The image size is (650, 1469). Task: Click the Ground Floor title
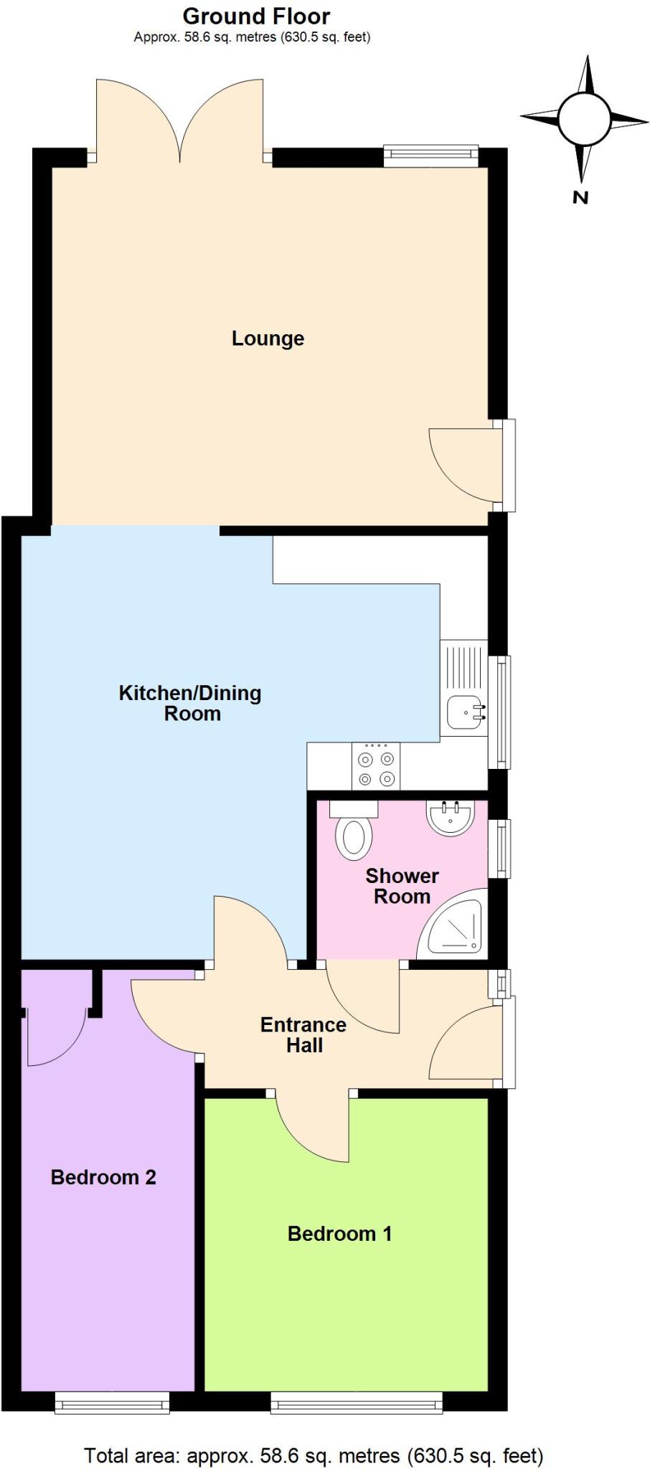[x=256, y=16]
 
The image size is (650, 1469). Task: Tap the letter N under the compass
[x=580, y=198]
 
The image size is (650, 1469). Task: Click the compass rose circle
[x=584, y=119]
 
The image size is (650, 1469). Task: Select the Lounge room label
[x=268, y=339]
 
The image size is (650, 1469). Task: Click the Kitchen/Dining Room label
[x=190, y=703]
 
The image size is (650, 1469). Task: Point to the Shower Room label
[x=402, y=886]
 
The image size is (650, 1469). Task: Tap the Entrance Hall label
[x=303, y=1034]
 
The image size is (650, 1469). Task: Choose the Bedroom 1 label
[x=339, y=1234]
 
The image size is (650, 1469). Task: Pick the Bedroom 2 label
[x=103, y=1177]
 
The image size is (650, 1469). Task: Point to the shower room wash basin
[x=451, y=818]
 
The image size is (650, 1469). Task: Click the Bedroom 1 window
[x=356, y=1402]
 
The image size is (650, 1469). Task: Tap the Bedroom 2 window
[x=112, y=1402]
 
